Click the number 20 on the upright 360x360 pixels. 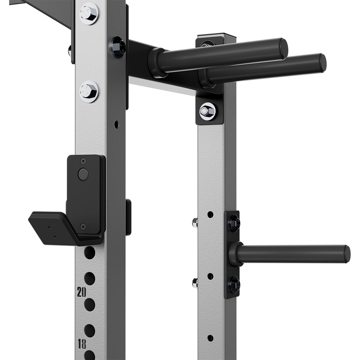point(81,292)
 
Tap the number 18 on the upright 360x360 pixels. point(82,344)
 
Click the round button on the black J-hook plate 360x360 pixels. point(83,174)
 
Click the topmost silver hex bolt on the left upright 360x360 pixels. point(89,13)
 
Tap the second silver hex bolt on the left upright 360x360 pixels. point(89,91)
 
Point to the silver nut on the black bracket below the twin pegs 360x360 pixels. point(207,111)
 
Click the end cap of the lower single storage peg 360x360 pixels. point(347,253)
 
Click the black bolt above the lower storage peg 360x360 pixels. point(234,222)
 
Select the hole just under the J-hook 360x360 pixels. point(90,252)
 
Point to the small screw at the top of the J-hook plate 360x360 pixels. point(83,161)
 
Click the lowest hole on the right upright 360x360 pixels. point(210,338)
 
